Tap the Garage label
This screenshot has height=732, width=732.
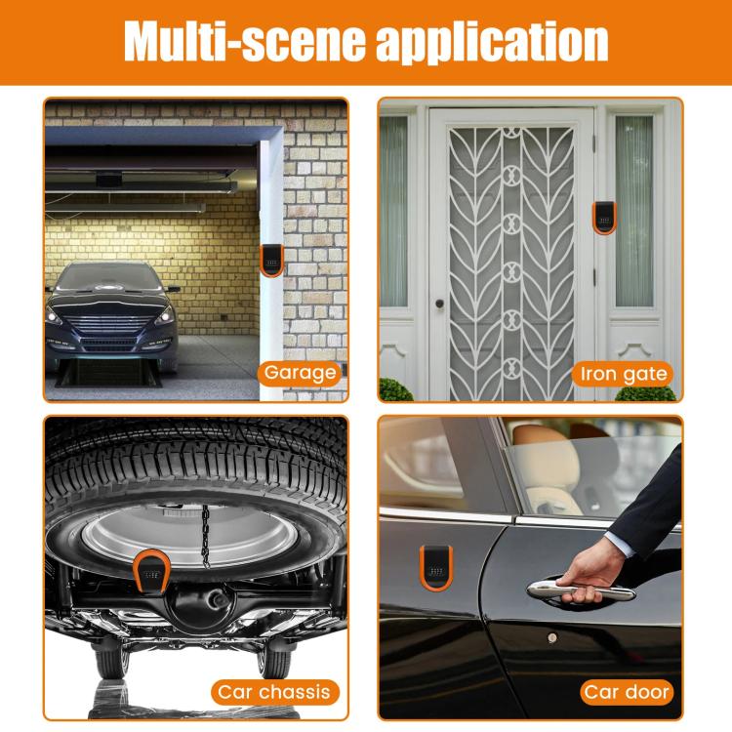(x=300, y=372)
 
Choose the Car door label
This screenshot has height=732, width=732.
(x=628, y=692)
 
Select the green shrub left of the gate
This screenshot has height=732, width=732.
(x=395, y=390)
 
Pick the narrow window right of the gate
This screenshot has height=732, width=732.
(x=632, y=210)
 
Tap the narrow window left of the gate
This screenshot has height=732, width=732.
(x=393, y=210)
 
